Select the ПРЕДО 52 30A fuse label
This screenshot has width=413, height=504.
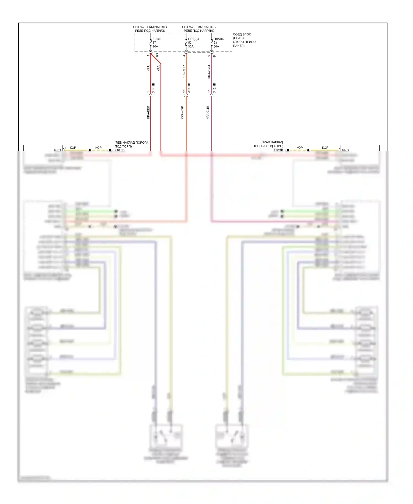pyautogui.click(x=193, y=43)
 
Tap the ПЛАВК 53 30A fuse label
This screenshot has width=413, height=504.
pyautogui.click(x=218, y=43)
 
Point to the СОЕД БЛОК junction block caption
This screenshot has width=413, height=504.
pyautogui.click(x=244, y=40)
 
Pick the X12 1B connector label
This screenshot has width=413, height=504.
pyautogui.click(x=214, y=87)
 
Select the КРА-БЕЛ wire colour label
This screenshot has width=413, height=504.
pyautogui.click(x=148, y=112)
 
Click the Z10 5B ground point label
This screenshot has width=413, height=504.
pyautogui.click(x=119, y=150)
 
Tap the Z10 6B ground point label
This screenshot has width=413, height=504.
pyautogui.click(x=278, y=150)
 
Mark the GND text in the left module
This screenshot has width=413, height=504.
pyautogui.click(x=57, y=150)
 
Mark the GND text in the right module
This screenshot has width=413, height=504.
pyautogui.click(x=345, y=150)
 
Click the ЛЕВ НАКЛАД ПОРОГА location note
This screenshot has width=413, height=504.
pyautogui.click(x=131, y=144)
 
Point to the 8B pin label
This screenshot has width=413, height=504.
pyautogui.click(x=157, y=55)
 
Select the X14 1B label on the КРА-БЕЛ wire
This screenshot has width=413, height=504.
pyautogui.click(x=153, y=88)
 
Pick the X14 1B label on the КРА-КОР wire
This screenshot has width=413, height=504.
pyautogui.click(x=189, y=88)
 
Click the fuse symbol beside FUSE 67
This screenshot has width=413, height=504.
pyautogui.click(x=151, y=43)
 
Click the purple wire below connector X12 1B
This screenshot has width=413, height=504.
pyautogui.click(x=211, y=124)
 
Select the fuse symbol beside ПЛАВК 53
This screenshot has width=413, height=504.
pyautogui.click(x=212, y=43)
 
